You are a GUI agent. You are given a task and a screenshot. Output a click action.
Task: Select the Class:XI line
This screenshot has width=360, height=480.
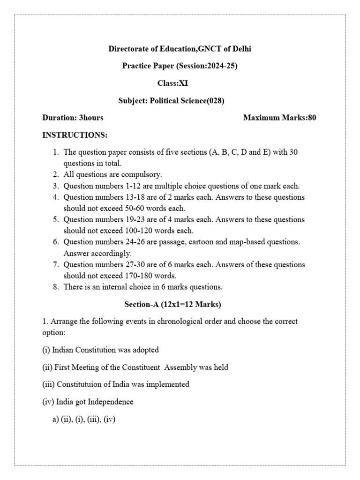(x=172, y=83)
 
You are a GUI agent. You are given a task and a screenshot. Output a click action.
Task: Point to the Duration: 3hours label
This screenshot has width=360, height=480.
(x=73, y=118)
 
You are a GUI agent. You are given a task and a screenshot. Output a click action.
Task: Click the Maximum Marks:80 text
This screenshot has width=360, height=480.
(x=279, y=118)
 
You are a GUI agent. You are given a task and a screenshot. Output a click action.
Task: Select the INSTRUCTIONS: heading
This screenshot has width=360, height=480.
(x=75, y=135)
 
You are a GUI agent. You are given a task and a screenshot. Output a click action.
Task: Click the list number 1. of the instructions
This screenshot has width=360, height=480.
(x=55, y=152)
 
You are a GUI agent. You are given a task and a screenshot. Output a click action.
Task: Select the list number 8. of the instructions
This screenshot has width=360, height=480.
(x=55, y=287)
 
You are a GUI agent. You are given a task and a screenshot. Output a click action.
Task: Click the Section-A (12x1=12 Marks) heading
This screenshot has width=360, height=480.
(x=172, y=305)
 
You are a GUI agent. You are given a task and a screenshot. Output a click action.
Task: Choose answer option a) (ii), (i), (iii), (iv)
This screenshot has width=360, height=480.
(x=84, y=420)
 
